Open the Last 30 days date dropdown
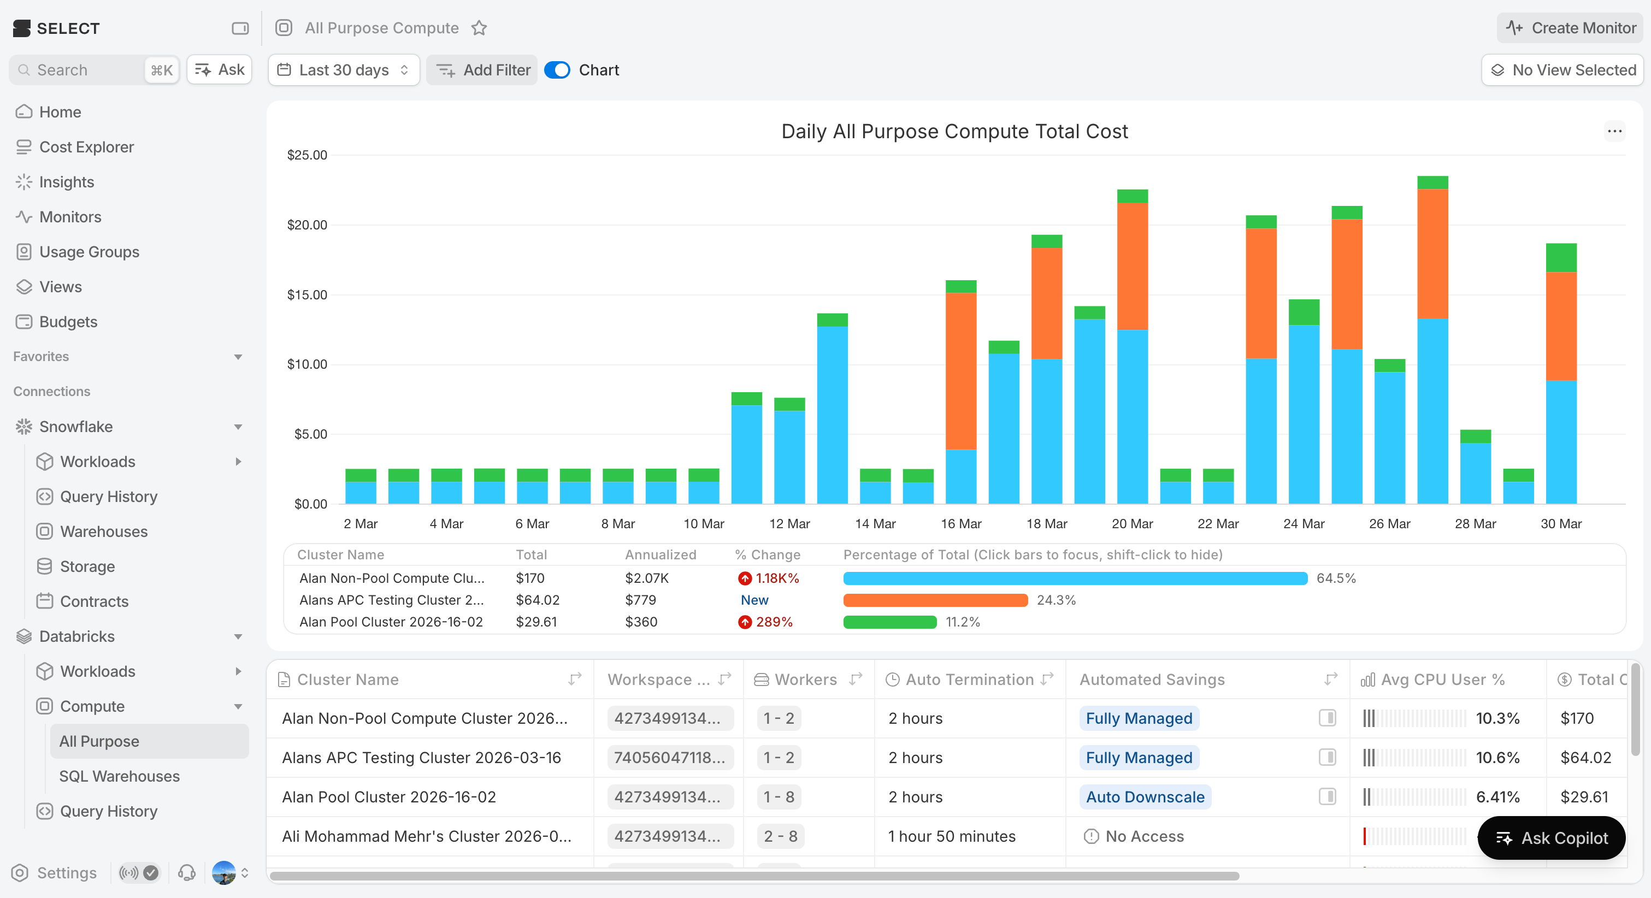pos(344,70)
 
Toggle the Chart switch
pos(557,70)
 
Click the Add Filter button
pos(482,70)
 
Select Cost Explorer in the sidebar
pos(86,147)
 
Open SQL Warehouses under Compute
pos(119,776)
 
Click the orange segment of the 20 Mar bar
pos(1132,266)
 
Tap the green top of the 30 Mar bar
pos(1561,258)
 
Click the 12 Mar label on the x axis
pos(789,524)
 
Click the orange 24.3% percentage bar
pos(935,600)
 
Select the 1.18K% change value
pos(777,578)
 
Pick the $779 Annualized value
pos(640,600)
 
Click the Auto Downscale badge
pos(1145,797)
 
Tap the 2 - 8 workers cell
pos(780,836)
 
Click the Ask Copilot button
pos(1551,838)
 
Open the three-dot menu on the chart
pos(1614,132)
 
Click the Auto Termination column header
pos(969,680)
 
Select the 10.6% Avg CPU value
pos(1497,758)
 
